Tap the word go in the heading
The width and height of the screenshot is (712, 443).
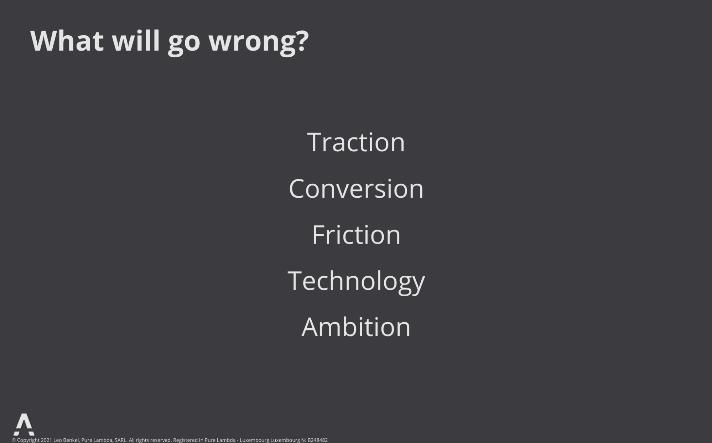click(x=184, y=44)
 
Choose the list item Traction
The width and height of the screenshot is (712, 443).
click(x=356, y=142)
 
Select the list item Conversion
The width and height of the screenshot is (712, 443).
click(x=356, y=188)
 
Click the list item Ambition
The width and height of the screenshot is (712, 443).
click(x=356, y=327)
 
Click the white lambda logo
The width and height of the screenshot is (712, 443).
click(x=24, y=424)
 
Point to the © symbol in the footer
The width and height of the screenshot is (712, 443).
click(x=14, y=440)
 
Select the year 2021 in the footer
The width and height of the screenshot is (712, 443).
click(x=46, y=440)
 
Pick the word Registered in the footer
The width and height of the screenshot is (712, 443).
click(x=186, y=441)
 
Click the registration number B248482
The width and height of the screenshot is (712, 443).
click(x=318, y=440)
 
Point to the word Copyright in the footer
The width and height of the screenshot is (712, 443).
click(x=28, y=441)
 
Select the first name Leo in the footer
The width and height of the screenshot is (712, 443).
click(x=58, y=440)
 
